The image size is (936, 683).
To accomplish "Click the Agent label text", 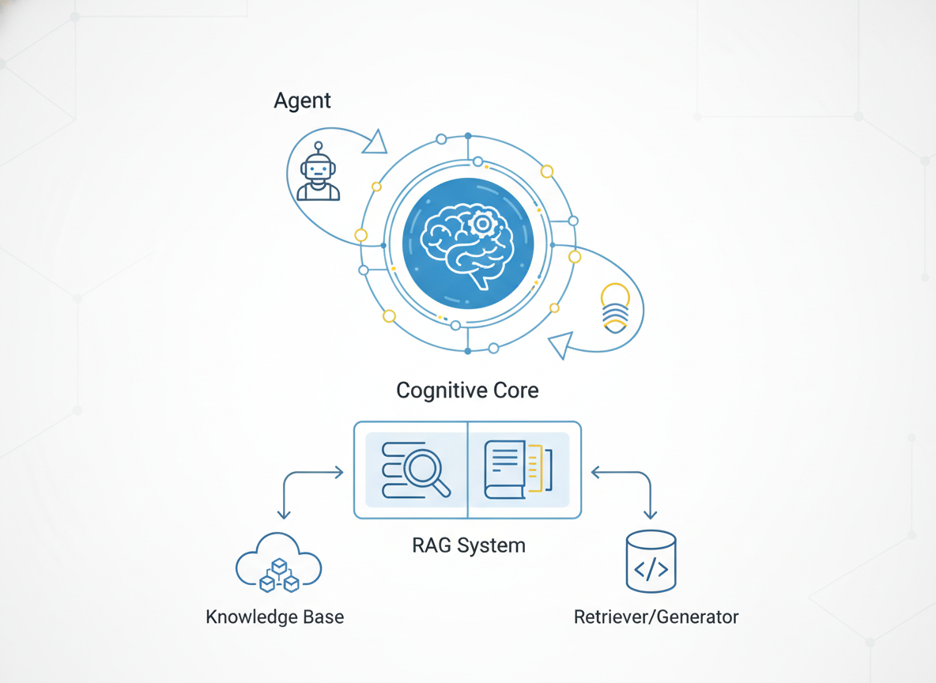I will click(x=302, y=101).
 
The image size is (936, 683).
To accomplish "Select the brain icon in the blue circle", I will click(x=467, y=243).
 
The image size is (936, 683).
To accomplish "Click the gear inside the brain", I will click(x=480, y=225).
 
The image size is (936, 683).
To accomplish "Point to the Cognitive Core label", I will click(x=467, y=390).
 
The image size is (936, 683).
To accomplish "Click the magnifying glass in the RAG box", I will click(x=427, y=472).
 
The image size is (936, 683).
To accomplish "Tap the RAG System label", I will click(x=468, y=545).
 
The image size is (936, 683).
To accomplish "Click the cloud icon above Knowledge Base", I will click(x=278, y=562).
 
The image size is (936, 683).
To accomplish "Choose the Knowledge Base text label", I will click(x=274, y=617).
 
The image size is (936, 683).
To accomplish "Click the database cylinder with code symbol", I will click(x=651, y=562).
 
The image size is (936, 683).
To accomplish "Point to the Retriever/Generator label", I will click(x=656, y=617).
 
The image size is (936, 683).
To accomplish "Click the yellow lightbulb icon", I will click(x=616, y=308).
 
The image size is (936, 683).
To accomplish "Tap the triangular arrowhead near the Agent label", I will click(x=375, y=143).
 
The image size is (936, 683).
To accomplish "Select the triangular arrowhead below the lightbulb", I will click(x=560, y=345).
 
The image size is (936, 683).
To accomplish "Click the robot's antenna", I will click(x=319, y=147).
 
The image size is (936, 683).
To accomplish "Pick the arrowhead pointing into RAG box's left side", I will click(x=339, y=473).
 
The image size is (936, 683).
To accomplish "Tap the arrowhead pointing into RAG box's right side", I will click(x=596, y=473).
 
